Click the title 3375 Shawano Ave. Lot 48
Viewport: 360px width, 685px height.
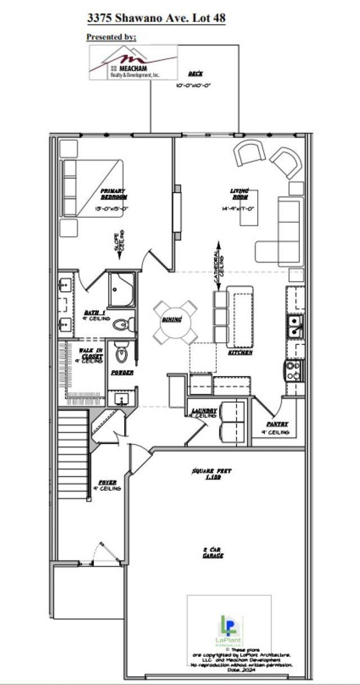[156, 18]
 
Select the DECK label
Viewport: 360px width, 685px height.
[196, 74]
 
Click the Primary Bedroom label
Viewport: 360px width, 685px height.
[114, 194]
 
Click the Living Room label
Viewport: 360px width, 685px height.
[240, 194]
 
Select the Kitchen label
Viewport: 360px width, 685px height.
[239, 352]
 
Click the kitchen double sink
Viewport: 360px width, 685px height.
[294, 326]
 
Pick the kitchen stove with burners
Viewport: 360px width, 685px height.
[294, 370]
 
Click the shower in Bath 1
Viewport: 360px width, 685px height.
[121, 290]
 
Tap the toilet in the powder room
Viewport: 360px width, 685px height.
[122, 352]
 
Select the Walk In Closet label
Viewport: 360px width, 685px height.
[91, 353]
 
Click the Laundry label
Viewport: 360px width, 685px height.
[204, 411]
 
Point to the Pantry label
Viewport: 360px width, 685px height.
[277, 424]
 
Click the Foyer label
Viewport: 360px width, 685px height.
[107, 483]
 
